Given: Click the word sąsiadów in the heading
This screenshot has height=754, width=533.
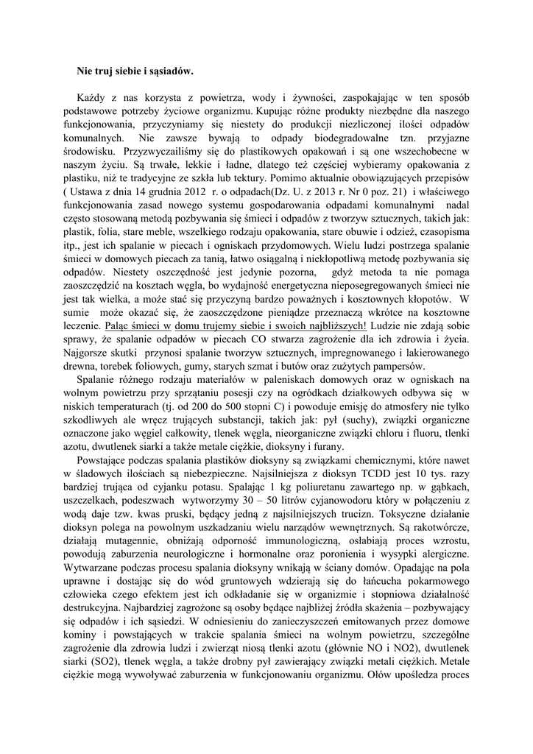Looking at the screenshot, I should pyautogui.click(x=170, y=71).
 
